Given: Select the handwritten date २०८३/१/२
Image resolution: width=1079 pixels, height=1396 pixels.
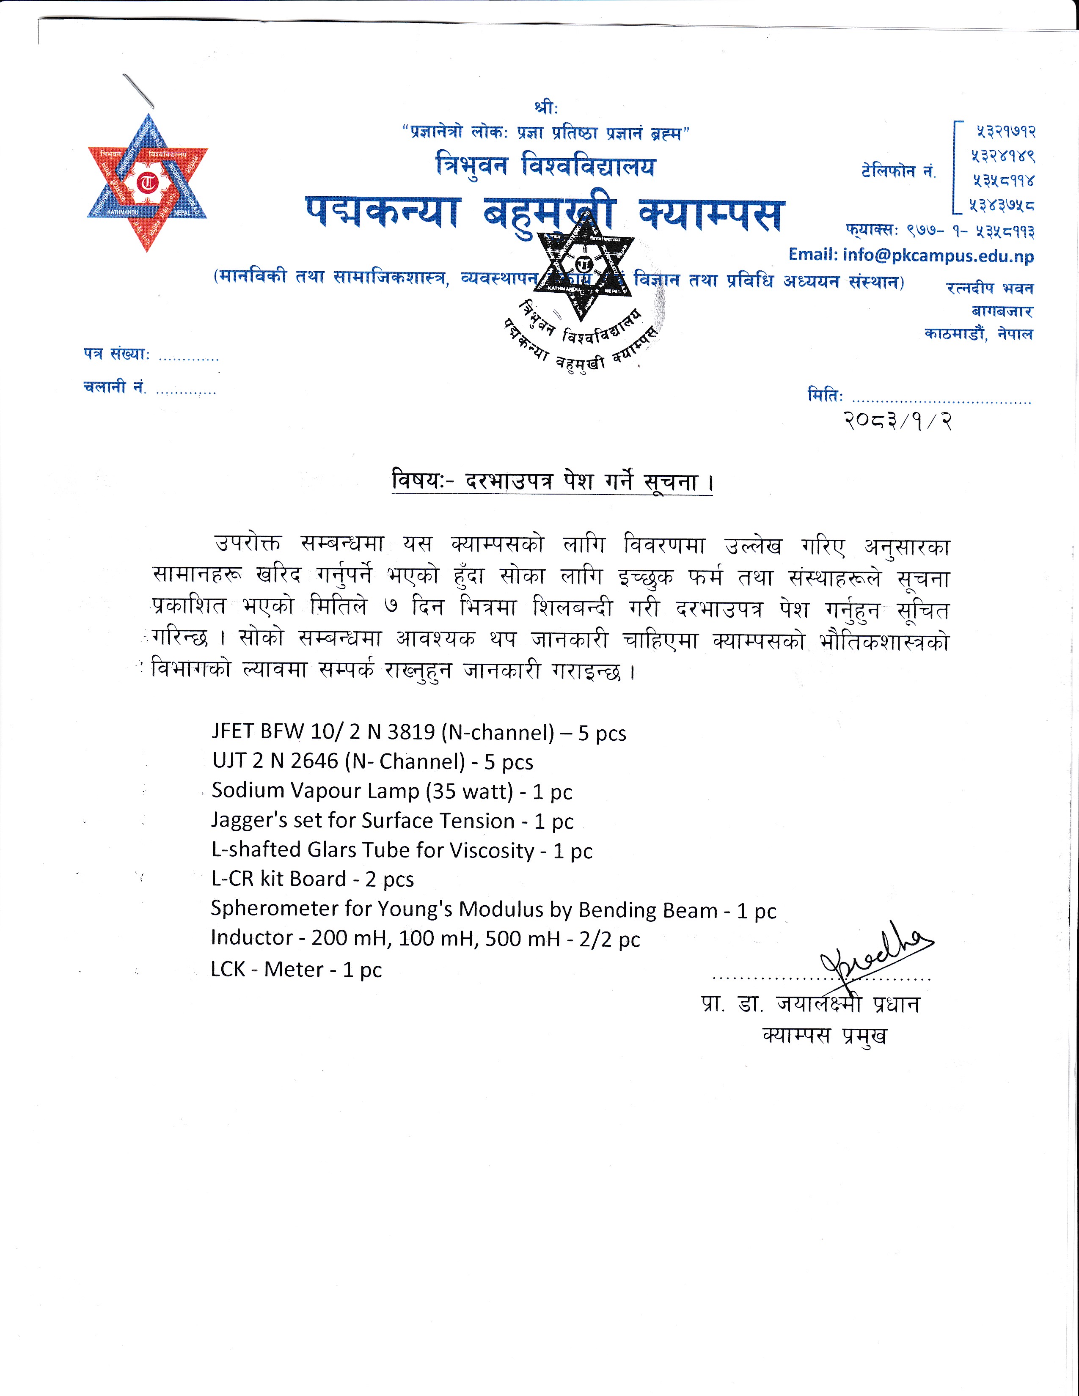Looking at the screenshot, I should tap(897, 421).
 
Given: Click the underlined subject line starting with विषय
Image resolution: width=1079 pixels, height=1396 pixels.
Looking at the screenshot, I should tap(552, 481).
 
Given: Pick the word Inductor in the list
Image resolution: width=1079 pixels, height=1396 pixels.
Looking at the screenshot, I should tap(252, 938).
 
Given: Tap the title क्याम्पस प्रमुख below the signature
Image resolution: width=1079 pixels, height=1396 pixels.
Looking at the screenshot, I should tap(825, 1035).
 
